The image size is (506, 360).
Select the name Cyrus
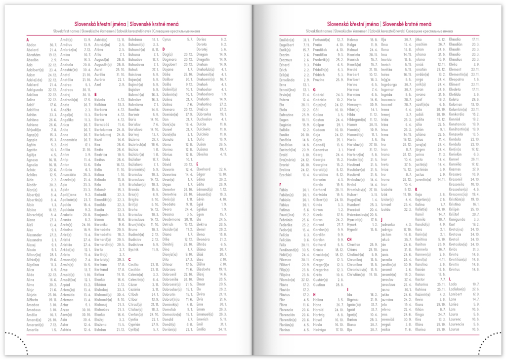point(167,39)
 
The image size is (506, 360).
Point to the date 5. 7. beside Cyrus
point(189,39)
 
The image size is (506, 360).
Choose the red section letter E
point(197,163)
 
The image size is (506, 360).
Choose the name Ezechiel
point(288,174)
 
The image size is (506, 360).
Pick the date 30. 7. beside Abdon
point(53,45)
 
